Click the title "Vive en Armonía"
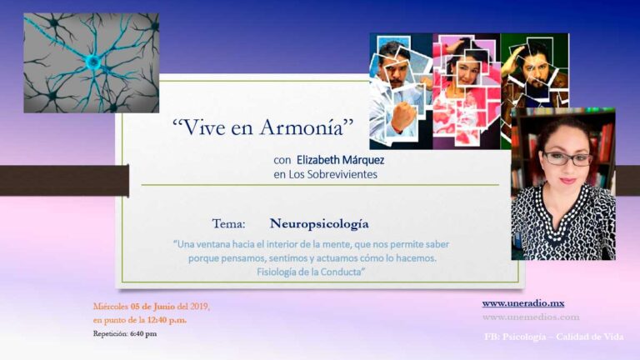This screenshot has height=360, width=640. tap(263, 127)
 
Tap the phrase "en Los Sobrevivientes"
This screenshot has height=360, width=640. tap(325, 175)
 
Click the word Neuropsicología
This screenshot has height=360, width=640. tap(318, 224)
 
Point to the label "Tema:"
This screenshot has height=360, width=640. tap(228, 224)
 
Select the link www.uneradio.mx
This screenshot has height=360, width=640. tap(522, 303)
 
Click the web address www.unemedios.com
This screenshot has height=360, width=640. tap(530, 317)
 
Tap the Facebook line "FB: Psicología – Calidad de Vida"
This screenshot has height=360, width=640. tap(553, 337)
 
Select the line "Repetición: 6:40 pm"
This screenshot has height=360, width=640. tap(124, 333)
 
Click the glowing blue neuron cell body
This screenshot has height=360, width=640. tap(93, 62)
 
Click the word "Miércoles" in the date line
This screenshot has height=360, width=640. tap(111, 307)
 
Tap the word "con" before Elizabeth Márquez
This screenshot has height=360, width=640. tap(282, 159)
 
